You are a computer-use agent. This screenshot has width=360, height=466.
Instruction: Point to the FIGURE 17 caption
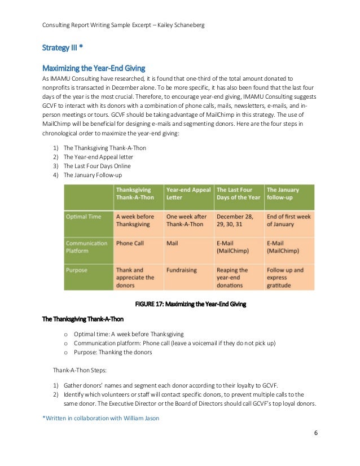click(x=190, y=304)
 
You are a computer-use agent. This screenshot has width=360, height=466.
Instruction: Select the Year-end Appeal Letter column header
click(x=188, y=194)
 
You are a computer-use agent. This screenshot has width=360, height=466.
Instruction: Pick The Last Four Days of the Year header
click(x=238, y=194)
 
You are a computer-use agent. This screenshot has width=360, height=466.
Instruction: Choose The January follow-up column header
click(x=283, y=194)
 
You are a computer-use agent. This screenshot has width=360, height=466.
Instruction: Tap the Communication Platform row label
click(x=86, y=247)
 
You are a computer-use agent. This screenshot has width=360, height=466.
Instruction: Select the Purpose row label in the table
click(x=77, y=270)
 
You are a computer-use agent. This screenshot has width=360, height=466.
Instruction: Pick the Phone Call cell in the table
click(x=130, y=243)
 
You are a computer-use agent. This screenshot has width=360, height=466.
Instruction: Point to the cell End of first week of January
click(x=288, y=220)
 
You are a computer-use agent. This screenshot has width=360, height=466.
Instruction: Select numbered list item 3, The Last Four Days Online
click(x=96, y=166)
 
